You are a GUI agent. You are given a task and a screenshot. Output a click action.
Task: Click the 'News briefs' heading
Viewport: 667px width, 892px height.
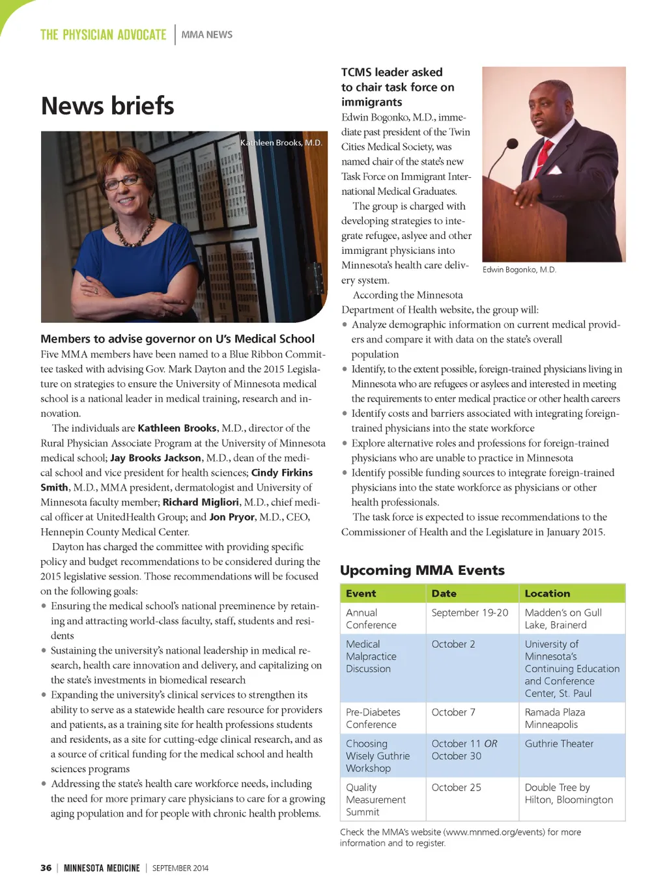tap(107, 106)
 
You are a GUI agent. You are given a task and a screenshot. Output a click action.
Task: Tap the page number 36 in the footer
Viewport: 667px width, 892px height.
tap(46, 868)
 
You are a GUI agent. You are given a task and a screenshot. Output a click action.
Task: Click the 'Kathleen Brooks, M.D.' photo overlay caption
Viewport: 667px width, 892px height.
tap(281, 143)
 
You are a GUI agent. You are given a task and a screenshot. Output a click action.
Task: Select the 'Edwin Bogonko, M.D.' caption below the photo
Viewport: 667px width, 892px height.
tap(519, 270)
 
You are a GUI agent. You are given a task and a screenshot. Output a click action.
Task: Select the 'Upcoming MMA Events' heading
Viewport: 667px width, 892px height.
tap(422, 570)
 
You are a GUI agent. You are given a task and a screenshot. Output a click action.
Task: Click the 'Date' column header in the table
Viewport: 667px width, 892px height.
tap(444, 593)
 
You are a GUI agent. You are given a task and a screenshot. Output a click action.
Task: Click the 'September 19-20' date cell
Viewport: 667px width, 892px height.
tap(470, 613)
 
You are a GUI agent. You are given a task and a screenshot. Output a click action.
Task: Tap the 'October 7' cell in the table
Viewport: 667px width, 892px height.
tap(453, 712)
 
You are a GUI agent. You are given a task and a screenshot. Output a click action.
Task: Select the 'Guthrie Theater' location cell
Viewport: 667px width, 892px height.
tap(559, 744)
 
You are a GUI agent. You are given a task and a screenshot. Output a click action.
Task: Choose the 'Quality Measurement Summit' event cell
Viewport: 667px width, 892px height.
tap(375, 800)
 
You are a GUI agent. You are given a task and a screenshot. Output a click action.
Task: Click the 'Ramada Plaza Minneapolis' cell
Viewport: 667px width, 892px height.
tap(555, 718)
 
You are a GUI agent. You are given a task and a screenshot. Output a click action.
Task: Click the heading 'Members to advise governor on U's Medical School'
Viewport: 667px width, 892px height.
tap(177, 339)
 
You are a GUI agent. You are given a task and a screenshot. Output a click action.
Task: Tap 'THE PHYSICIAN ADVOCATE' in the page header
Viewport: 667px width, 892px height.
tap(103, 35)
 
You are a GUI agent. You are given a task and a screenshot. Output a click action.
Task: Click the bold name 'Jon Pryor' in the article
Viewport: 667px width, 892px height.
tap(232, 517)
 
